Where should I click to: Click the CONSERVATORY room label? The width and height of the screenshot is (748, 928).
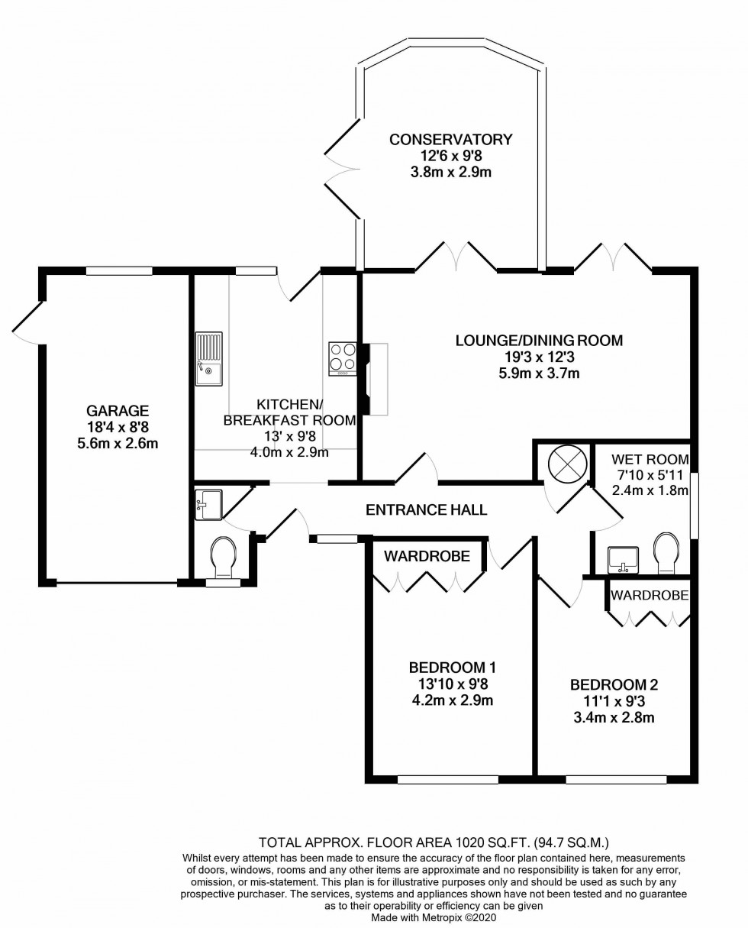pyautogui.click(x=450, y=140)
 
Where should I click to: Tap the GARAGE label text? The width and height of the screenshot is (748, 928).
pyautogui.click(x=118, y=410)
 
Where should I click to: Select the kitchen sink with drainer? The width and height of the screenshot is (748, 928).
pyautogui.click(x=209, y=358)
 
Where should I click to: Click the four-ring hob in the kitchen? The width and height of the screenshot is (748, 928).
pyautogui.click(x=343, y=359)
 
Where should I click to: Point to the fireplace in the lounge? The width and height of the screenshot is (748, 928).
pyautogui.click(x=373, y=379)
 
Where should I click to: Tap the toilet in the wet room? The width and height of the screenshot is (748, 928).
pyautogui.click(x=666, y=554)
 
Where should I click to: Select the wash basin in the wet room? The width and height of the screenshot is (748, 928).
pyautogui.click(x=623, y=560)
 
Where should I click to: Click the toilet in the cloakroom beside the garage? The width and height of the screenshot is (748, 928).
pyautogui.click(x=224, y=557)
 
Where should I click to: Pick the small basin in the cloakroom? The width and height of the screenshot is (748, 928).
pyautogui.click(x=208, y=505)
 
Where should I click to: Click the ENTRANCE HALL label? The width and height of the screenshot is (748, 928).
pyautogui.click(x=426, y=510)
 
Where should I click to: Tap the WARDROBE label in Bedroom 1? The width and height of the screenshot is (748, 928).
pyautogui.click(x=427, y=556)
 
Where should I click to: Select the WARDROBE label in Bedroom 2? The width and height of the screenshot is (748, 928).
pyautogui.click(x=650, y=596)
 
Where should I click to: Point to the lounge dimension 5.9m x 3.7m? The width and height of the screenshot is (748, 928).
pyautogui.click(x=539, y=373)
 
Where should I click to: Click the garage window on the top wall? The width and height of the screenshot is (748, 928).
pyautogui.click(x=119, y=271)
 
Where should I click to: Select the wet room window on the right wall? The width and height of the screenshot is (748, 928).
pyautogui.click(x=695, y=506)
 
